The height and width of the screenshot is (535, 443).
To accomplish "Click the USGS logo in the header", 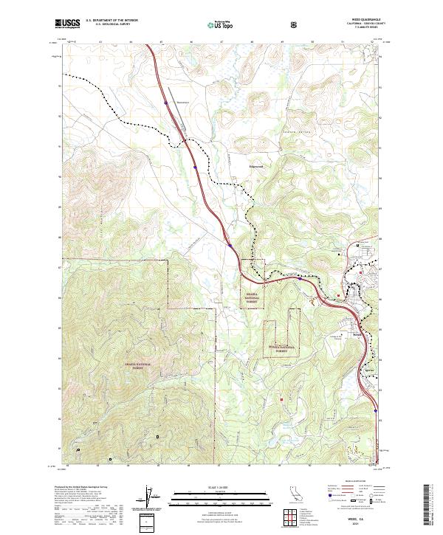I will tap(67, 24).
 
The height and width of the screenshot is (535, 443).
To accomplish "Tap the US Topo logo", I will tap(215, 25).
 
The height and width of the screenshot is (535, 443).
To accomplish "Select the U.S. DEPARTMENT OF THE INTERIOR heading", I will tap(111, 21).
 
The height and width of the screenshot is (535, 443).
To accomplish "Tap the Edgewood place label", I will tap(255, 166).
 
